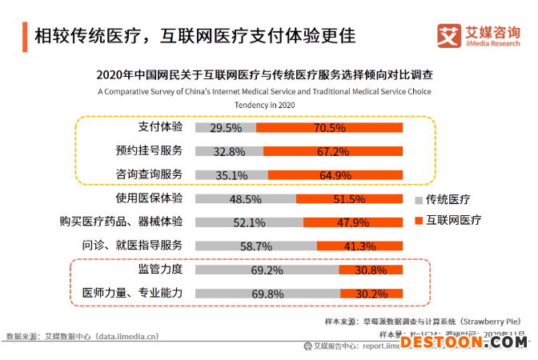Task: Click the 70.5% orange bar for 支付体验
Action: coord(330,127)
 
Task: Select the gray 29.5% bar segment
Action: coord(225,127)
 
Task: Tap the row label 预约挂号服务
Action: coord(149,150)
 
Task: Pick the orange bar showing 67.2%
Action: coord(333,150)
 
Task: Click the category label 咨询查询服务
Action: coord(149,174)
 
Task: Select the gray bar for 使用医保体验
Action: coord(245,198)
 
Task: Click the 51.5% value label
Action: coord(349,198)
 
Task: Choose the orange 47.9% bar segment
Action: coord(353,222)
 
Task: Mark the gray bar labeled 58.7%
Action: coord(255,246)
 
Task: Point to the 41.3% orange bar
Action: coord(360,246)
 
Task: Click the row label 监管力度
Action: coord(160,270)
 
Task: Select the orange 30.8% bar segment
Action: coord(371,270)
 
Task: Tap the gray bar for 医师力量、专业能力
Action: coord(267,294)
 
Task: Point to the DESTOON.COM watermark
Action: coord(464,342)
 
